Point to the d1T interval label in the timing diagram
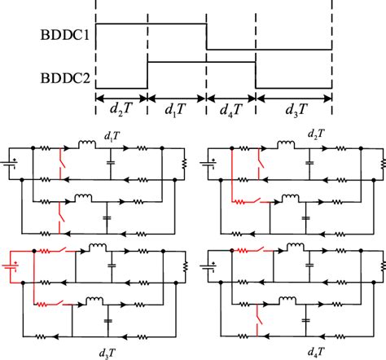coord(177,108)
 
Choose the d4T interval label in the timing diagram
coord(231,108)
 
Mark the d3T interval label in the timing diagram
coord(294,108)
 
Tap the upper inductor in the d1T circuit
coord(86,147)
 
